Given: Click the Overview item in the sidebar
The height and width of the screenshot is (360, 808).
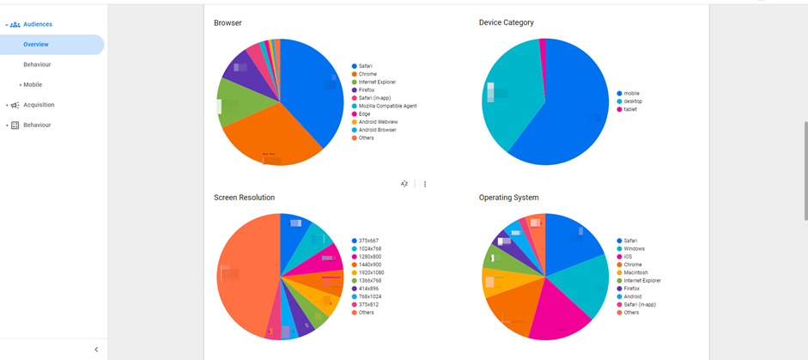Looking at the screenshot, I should pos(36,45).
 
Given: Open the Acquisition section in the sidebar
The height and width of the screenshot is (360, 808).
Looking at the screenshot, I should pos(39,105).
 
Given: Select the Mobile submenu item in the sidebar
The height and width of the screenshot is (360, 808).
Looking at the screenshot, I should pos(33,85).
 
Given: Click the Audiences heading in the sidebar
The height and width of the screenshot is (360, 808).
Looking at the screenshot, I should pos(38,24).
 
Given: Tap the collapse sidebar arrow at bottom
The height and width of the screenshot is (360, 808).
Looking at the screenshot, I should pos(96,350).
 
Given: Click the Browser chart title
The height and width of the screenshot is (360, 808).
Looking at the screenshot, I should pos(228,23).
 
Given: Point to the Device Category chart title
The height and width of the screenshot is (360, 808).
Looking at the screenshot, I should pos(506,23).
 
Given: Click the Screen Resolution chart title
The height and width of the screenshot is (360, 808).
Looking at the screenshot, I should pos(244,198).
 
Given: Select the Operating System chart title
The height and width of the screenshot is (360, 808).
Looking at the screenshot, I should pos(508,198).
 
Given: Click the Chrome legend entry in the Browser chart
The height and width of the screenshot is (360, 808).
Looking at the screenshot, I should pos(368,75).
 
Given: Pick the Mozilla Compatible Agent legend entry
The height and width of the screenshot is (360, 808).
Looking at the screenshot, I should pos(387,107).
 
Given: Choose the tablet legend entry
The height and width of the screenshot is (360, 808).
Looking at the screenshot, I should pos(631,110).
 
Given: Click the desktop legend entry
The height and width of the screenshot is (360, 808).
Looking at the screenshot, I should pos(633,101).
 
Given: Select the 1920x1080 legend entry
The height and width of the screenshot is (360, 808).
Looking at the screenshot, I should pos(371,273).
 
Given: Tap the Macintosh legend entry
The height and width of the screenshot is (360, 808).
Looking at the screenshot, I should pos(635,273).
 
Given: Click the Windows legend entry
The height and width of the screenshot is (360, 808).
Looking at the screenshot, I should pos(634,249).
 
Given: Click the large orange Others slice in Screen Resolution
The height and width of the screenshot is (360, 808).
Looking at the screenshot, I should pos(245,275).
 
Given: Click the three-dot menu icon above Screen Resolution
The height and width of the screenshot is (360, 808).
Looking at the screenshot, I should pos(425,184).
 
